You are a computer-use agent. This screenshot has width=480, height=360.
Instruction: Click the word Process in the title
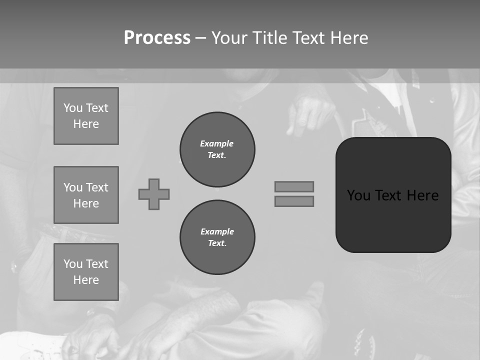(x=157, y=38)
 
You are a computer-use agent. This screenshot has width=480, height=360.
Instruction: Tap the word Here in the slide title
(x=348, y=38)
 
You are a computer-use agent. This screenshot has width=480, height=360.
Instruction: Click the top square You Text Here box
(x=86, y=116)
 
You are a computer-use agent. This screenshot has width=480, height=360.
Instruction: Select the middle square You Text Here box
(x=86, y=195)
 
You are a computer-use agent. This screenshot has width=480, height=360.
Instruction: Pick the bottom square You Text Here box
(x=86, y=272)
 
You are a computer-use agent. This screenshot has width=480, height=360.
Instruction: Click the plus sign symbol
(x=154, y=194)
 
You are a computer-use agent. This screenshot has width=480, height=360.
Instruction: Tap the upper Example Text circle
(x=217, y=149)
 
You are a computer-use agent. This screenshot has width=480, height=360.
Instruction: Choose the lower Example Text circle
(x=217, y=237)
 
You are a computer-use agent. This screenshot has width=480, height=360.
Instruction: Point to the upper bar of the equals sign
(x=294, y=186)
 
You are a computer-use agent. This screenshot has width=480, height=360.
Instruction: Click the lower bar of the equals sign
(x=294, y=201)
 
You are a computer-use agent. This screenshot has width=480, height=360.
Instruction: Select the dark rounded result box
(x=393, y=220)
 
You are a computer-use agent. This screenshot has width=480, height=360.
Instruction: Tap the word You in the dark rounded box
(x=358, y=195)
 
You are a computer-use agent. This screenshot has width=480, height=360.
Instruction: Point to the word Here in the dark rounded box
(x=422, y=195)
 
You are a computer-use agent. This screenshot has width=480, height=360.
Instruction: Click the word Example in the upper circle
(x=216, y=143)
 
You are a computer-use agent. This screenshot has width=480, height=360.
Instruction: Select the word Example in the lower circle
(x=217, y=231)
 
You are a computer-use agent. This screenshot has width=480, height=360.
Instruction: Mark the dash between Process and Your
(x=200, y=38)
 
